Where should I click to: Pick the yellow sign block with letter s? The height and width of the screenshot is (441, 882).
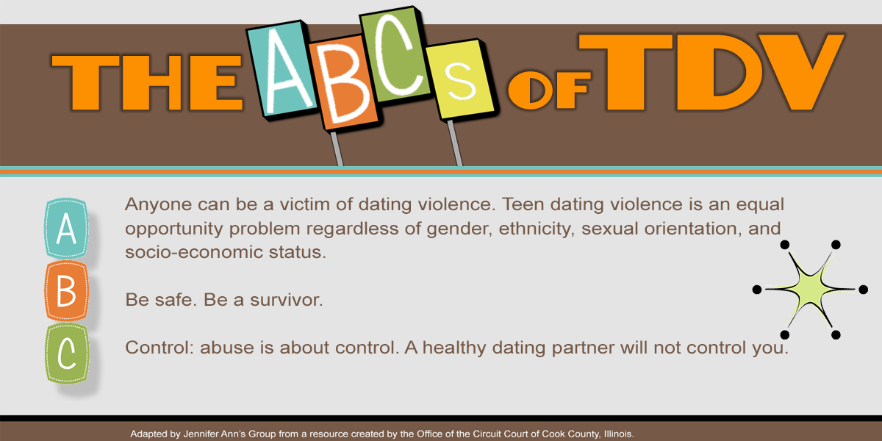coord(460,79)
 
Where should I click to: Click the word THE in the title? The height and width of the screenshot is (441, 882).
coord(147,82)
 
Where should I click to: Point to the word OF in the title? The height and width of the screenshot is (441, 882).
coord(550,90)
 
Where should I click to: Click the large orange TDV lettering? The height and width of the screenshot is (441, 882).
coord(711,73)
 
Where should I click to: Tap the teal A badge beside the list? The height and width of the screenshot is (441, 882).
coord(66,229)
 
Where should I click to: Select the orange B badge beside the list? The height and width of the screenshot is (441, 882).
coord(66,291)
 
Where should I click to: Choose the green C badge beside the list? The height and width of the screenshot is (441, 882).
coord(67,354)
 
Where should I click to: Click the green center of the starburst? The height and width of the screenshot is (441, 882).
coord(809,290)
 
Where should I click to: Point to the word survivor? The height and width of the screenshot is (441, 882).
coord(286,300)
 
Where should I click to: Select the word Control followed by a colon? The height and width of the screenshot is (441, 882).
coord(159,348)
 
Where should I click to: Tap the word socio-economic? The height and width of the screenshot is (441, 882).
coord(194,252)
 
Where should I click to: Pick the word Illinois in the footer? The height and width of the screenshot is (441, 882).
coord(619,434)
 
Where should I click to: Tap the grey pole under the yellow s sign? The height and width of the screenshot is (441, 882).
coord(455,143)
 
